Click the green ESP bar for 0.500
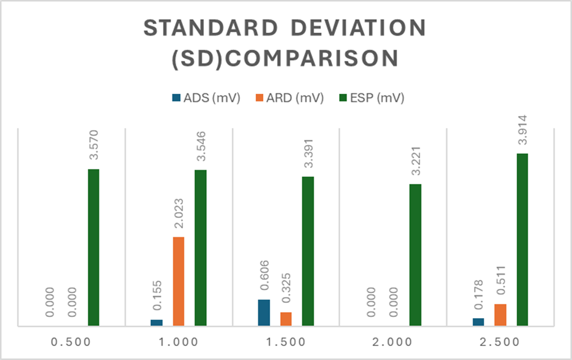click(93, 247)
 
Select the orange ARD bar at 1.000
click(178, 281)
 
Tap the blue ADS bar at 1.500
click(264, 312)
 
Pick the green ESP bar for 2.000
click(415, 255)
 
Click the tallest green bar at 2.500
click(522, 239)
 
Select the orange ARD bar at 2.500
click(500, 315)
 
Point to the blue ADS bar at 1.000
click(157, 322)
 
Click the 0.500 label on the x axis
click(71, 342)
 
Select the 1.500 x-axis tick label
click(285, 342)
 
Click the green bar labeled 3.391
click(308, 250)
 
